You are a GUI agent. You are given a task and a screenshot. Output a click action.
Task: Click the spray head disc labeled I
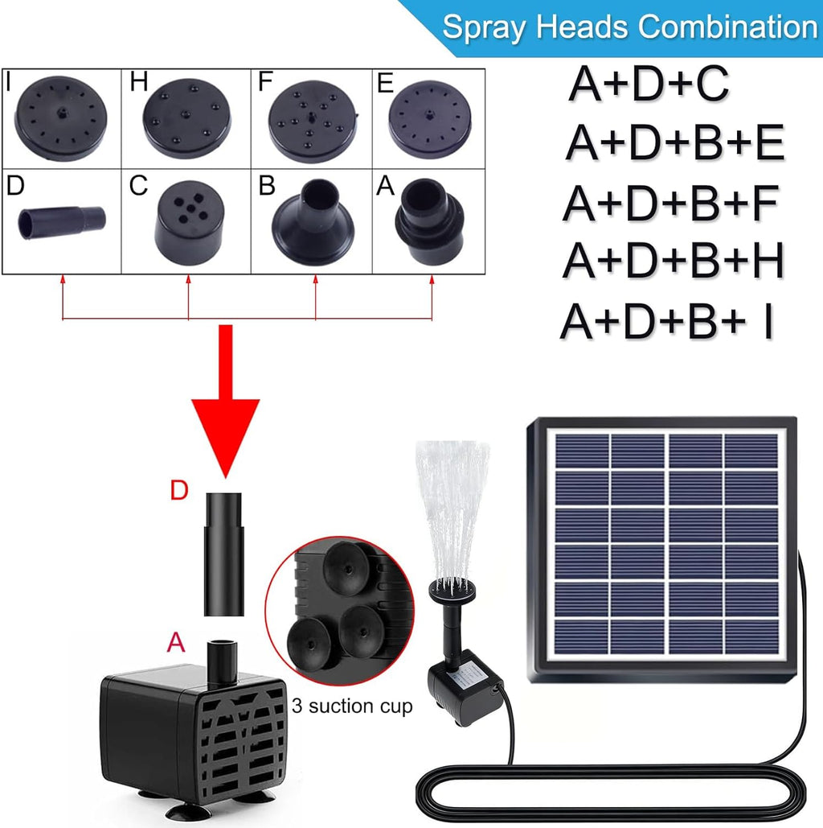coord(62,119)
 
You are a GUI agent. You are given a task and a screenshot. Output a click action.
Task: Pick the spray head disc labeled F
coord(313,121)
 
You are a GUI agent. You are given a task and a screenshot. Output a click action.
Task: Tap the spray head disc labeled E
coord(429,119)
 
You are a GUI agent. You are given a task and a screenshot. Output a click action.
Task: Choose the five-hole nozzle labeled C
coord(189,223)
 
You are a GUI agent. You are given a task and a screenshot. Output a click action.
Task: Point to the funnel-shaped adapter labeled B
coord(313,222)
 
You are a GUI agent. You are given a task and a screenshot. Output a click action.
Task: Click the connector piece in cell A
coord(430,221)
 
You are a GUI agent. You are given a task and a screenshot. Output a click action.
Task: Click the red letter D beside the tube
coord(179,491)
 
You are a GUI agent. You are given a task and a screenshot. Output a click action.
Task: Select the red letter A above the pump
coord(176,642)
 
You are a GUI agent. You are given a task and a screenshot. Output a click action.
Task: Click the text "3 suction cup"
coord(352,706)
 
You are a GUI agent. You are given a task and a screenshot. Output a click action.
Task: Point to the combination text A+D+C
coord(649,84)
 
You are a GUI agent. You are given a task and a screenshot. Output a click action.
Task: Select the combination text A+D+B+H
coord(674,261)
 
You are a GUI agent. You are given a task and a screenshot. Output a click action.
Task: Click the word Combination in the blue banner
coord(730,27)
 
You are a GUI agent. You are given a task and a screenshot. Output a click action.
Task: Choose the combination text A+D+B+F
coord(671,204)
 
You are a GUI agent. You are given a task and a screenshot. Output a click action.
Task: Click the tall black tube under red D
coord(224,554)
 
